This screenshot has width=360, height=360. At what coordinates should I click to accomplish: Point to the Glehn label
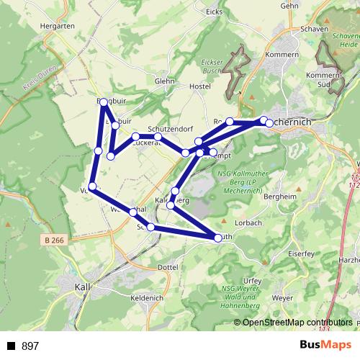164,81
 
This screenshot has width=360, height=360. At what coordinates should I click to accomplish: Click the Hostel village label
199,86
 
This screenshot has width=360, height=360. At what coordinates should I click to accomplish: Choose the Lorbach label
248,223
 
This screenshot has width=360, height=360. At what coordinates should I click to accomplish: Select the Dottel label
167,267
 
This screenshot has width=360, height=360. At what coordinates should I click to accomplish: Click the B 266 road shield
54,240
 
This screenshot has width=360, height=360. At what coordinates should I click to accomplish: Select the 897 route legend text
30,346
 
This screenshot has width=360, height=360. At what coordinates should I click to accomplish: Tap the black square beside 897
12,346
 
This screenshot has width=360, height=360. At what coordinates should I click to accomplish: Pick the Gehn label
289,5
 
